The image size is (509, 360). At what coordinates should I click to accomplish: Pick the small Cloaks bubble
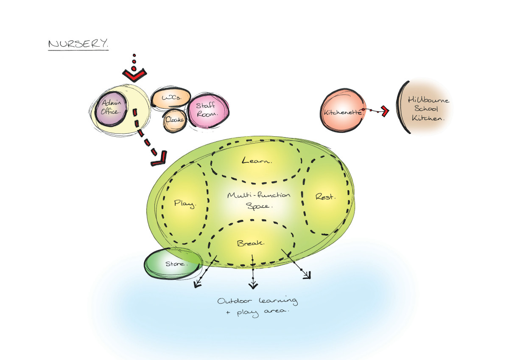pyautogui.click(x=174, y=120)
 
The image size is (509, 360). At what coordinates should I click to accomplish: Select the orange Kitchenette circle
pyautogui.click(x=343, y=112)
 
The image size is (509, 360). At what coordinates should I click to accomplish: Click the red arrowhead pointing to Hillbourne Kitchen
pyautogui.click(x=385, y=112)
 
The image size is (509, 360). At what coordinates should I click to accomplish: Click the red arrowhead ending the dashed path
pyautogui.click(x=159, y=162)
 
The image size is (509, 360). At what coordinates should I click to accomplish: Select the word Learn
pyautogui.click(x=257, y=161)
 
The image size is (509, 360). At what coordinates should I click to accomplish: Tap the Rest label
pyautogui.click(x=326, y=197)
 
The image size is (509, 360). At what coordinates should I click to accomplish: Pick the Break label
pyautogui.click(x=251, y=244)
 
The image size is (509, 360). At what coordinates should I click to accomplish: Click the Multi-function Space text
pyautogui.click(x=259, y=200)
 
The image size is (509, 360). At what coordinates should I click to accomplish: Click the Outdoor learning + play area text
pyautogui.click(x=257, y=306)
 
